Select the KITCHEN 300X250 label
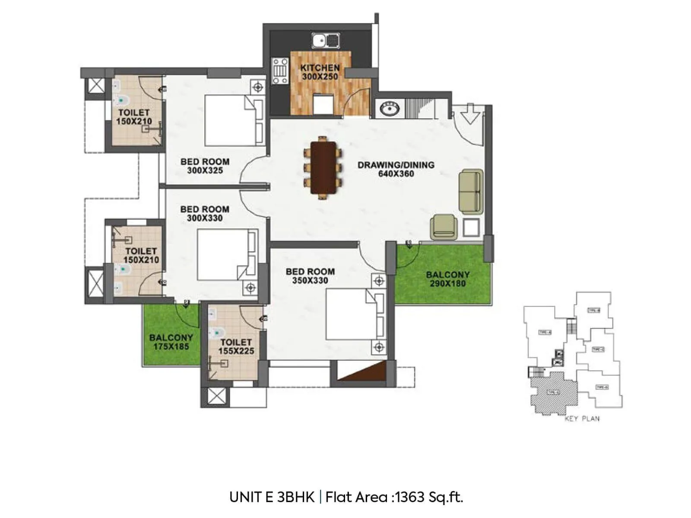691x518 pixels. click(x=320, y=72)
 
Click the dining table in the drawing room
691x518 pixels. click(x=323, y=167)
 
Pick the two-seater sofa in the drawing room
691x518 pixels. click(x=471, y=192)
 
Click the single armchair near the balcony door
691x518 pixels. click(x=444, y=227)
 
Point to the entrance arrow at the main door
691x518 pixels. click(x=470, y=114)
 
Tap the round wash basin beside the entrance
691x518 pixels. click(x=390, y=109)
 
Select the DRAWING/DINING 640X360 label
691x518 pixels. click(x=396, y=169)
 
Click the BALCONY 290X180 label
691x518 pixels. click(x=447, y=279)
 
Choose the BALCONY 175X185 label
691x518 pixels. click(x=171, y=342)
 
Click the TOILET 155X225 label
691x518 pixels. click(x=236, y=347)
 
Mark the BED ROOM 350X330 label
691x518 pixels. click(x=310, y=276)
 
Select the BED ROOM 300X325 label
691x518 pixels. click(x=205, y=166)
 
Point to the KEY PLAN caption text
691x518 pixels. click(x=582, y=418)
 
